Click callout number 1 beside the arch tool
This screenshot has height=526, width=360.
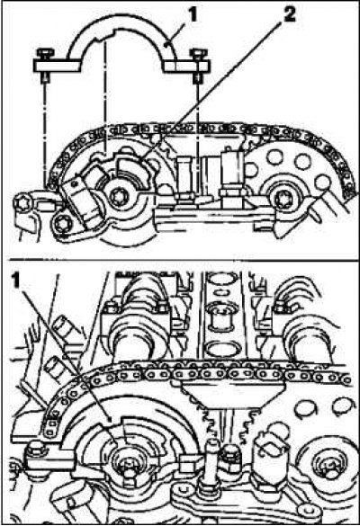coord(192,17)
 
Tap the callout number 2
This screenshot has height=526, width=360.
coord(289,15)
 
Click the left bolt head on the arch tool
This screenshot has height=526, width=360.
coord(44,54)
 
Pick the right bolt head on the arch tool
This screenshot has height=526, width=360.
coord(198,54)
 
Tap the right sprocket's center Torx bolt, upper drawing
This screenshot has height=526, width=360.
coord(282,200)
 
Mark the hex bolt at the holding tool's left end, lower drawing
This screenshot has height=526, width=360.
coord(34,449)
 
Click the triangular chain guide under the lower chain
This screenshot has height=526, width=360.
coord(233,394)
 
